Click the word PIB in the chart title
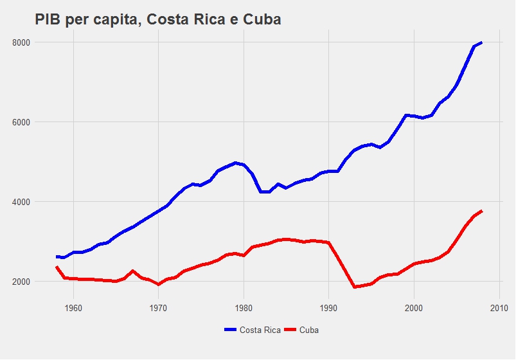point(48,20)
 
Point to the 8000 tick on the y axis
point(21,42)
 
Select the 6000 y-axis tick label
point(21,122)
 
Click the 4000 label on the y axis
point(21,202)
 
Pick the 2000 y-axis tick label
point(21,282)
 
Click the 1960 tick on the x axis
point(73,308)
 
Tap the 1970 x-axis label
point(158,308)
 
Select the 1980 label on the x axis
point(244,308)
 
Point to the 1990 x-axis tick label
point(328,308)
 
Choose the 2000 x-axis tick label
point(414,308)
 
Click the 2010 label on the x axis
point(499,308)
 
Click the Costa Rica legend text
point(260,330)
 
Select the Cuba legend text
point(309,330)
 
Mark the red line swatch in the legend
point(290,330)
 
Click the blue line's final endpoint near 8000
point(481,42)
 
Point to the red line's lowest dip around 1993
point(354,287)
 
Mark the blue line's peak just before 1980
point(235,163)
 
